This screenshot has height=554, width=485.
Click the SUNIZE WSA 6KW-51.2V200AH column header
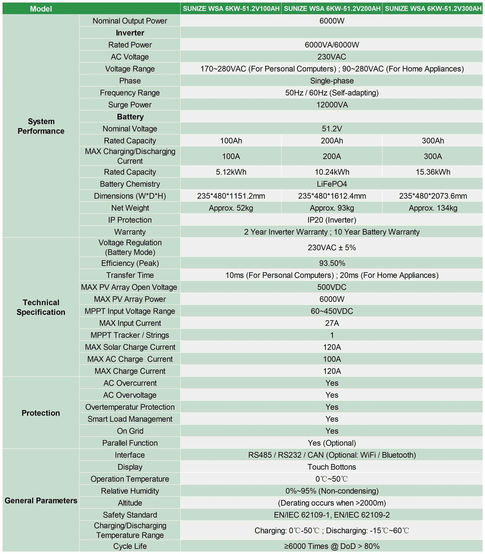(x=332, y=8)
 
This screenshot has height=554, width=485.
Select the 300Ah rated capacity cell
(x=433, y=141)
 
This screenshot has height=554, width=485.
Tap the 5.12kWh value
(x=231, y=172)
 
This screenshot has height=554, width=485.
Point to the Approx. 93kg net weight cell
(x=332, y=208)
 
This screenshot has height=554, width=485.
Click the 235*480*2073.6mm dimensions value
(x=433, y=196)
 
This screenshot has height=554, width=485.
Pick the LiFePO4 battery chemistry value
(x=332, y=184)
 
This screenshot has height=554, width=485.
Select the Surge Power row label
(x=130, y=105)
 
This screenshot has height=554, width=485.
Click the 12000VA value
(x=332, y=105)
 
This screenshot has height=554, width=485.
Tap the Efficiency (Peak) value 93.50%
(x=332, y=263)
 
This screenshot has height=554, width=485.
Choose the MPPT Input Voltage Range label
(x=130, y=311)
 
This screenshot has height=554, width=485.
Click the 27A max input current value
(x=332, y=323)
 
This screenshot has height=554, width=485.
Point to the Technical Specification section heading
(x=41, y=307)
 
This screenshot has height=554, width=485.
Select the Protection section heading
(x=41, y=413)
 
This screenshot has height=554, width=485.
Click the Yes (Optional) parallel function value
(x=332, y=443)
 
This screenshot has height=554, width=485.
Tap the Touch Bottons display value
(x=332, y=467)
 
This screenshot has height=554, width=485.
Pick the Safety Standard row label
(x=130, y=515)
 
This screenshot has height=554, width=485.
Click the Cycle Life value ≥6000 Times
(x=332, y=546)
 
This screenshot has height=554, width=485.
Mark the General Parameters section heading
(x=41, y=500)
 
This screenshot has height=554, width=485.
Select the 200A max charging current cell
(x=332, y=156)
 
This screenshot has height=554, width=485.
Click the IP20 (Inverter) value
(x=332, y=220)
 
